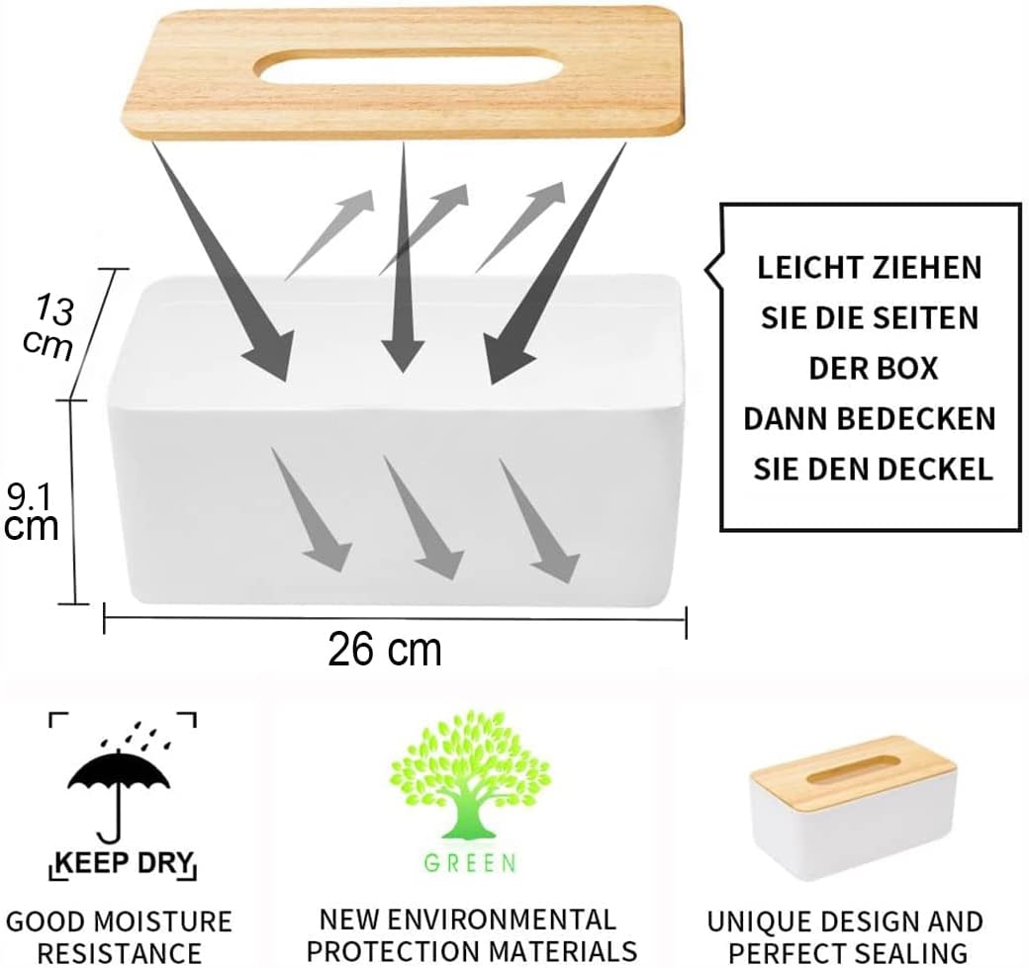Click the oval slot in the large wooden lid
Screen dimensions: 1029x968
(x=410, y=67)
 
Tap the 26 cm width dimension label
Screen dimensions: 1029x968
(x=385, y=650)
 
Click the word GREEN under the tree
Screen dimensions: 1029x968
(x=470, y=863)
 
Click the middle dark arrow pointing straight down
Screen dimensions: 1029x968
(x=403, y=257)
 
